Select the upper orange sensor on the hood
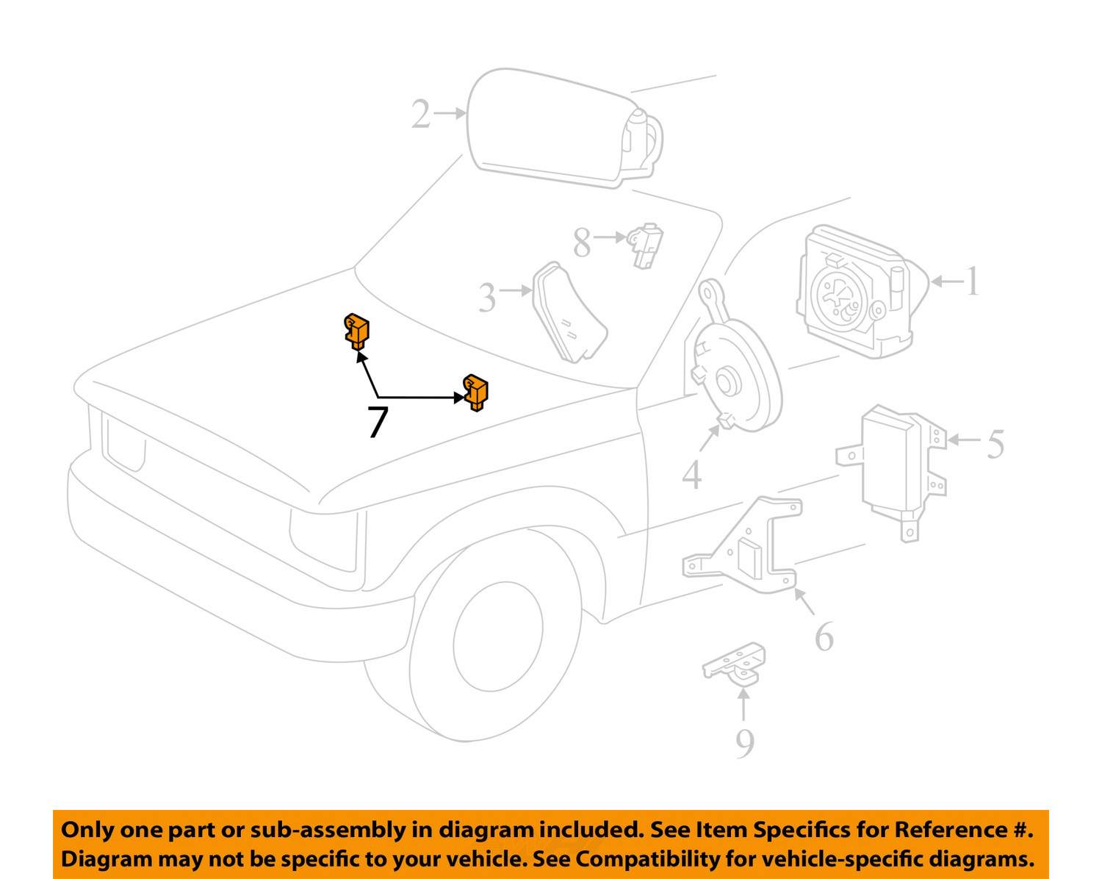coord(357,329)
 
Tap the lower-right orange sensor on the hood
coord(476,392)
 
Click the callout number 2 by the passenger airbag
coord(420,115)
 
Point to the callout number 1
coord(971,281)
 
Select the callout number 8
coord(582,243)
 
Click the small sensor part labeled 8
coord(645,244)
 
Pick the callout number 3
coord(487,298)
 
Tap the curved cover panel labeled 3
coord(569,314)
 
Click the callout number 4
coord(691,476)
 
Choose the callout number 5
coord(995,444)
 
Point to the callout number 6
coord(824,637)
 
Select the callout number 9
coord(744,744)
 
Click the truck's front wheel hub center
coord(499,635)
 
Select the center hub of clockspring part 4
coord(727,384)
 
